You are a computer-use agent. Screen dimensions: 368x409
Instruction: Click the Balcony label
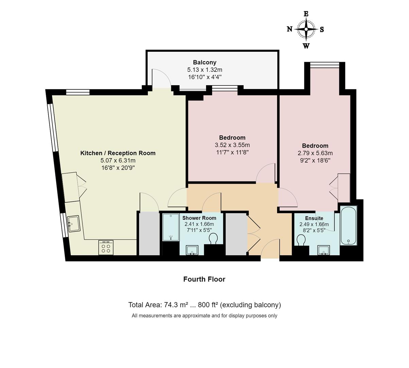(x=205, y=62)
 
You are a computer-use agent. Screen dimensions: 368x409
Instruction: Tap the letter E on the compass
(x=306, y=14)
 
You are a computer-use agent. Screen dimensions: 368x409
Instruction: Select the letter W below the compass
(x=306, y=46)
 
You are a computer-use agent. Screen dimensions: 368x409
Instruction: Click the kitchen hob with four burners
(x=106, y=247)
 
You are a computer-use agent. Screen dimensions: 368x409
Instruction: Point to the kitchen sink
(x=74, y=224)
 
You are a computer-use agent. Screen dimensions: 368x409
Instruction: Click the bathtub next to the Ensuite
(x=348, y=225)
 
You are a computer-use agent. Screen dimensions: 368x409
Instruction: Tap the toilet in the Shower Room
(x=214, y=239)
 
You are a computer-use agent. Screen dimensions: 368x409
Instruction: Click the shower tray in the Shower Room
(x=171, y=227)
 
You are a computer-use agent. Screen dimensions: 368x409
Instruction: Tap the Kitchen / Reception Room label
(x=118, y=153)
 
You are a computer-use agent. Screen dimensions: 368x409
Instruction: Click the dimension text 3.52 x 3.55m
(x=232, y=145)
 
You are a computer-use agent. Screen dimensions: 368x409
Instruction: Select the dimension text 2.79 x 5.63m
(x=315, y=153)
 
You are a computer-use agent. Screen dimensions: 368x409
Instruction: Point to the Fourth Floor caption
(x=204, y=279)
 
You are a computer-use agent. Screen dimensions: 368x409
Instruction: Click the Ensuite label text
(x=314, y=218)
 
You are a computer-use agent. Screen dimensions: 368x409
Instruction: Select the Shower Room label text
(x=199, y=218)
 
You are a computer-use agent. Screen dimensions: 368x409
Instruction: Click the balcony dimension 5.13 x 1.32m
(x=205, y=70)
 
